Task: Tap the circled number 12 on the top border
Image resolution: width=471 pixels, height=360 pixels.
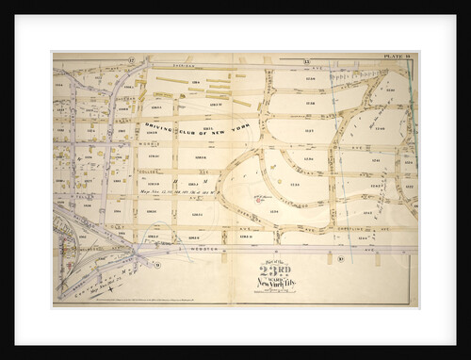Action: click(131, 60)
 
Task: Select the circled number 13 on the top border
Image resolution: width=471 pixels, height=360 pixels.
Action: click(281, 60)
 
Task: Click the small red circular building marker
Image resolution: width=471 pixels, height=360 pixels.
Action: click(254, 199)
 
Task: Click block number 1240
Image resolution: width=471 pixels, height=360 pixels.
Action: click(381, 127)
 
